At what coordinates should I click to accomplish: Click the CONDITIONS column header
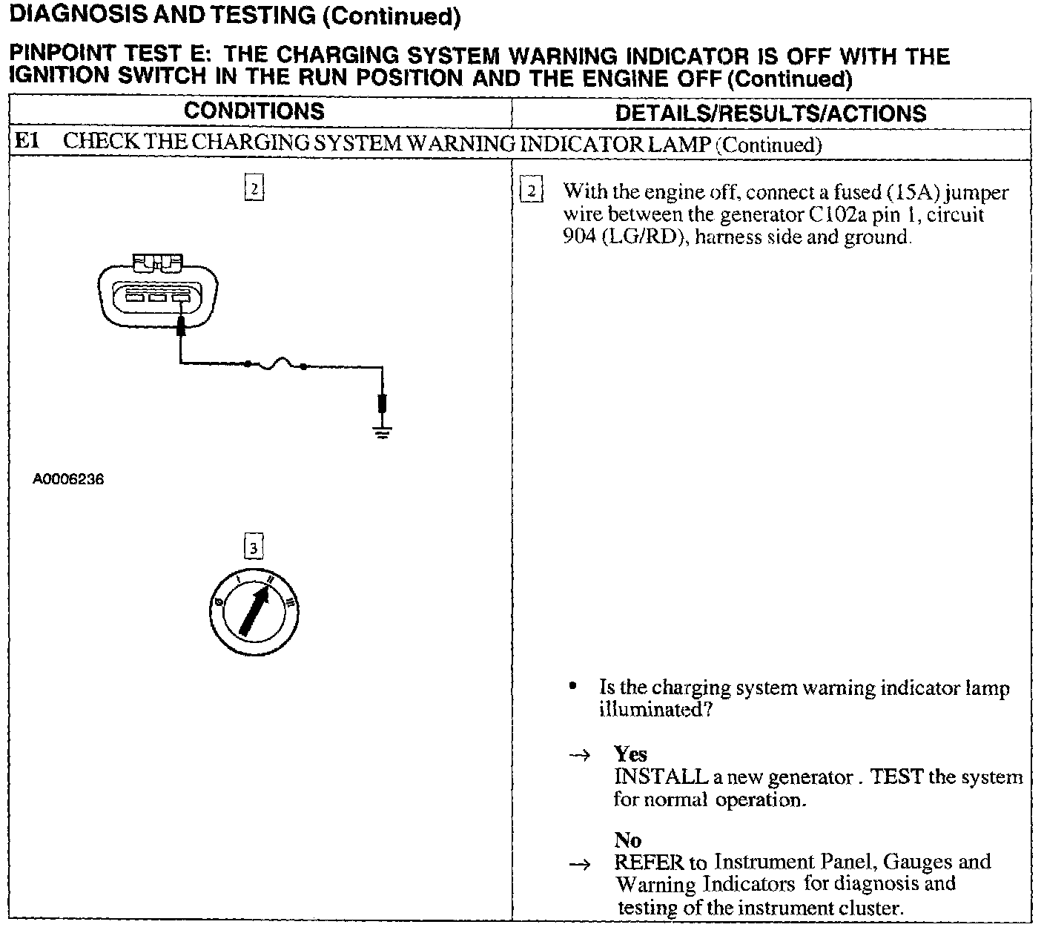click(254, 111)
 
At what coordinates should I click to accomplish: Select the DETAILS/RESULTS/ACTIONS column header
click(771, 113)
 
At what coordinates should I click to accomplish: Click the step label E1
click(27, 142)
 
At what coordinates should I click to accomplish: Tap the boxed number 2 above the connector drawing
click(254, 188)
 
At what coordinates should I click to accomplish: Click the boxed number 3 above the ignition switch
click(254, 547)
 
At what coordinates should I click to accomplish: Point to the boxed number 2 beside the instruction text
click(531, 191)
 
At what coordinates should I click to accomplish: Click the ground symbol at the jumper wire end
click(382, 432)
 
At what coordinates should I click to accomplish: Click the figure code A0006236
click(68, 479)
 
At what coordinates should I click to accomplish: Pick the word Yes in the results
click(630, 754)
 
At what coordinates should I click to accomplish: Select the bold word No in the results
click(627, 840)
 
